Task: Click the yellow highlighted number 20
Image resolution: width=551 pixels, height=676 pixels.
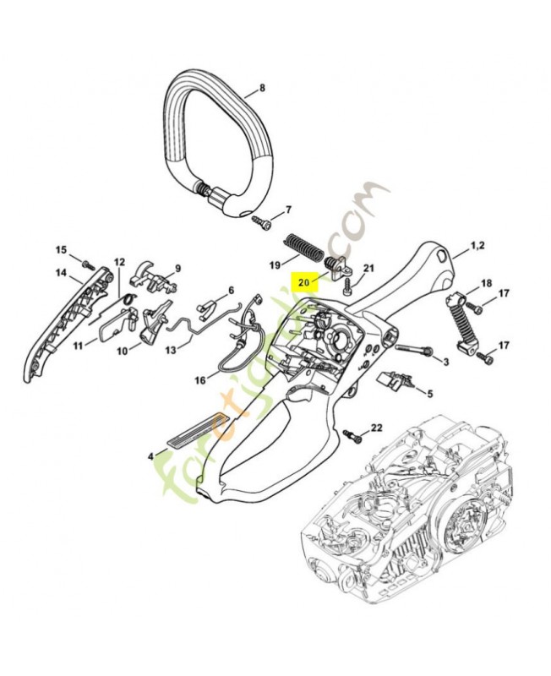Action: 303,282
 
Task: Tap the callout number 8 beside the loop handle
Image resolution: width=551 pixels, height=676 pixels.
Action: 262,88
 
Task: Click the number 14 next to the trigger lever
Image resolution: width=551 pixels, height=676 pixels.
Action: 61,272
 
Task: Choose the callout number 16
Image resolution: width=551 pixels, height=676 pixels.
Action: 199,380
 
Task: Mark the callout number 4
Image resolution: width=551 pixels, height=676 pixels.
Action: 151,455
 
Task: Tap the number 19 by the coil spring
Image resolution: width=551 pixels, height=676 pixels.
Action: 275,265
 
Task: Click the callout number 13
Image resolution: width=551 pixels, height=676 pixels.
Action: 171,349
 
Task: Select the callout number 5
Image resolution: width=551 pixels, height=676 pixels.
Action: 429,393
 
